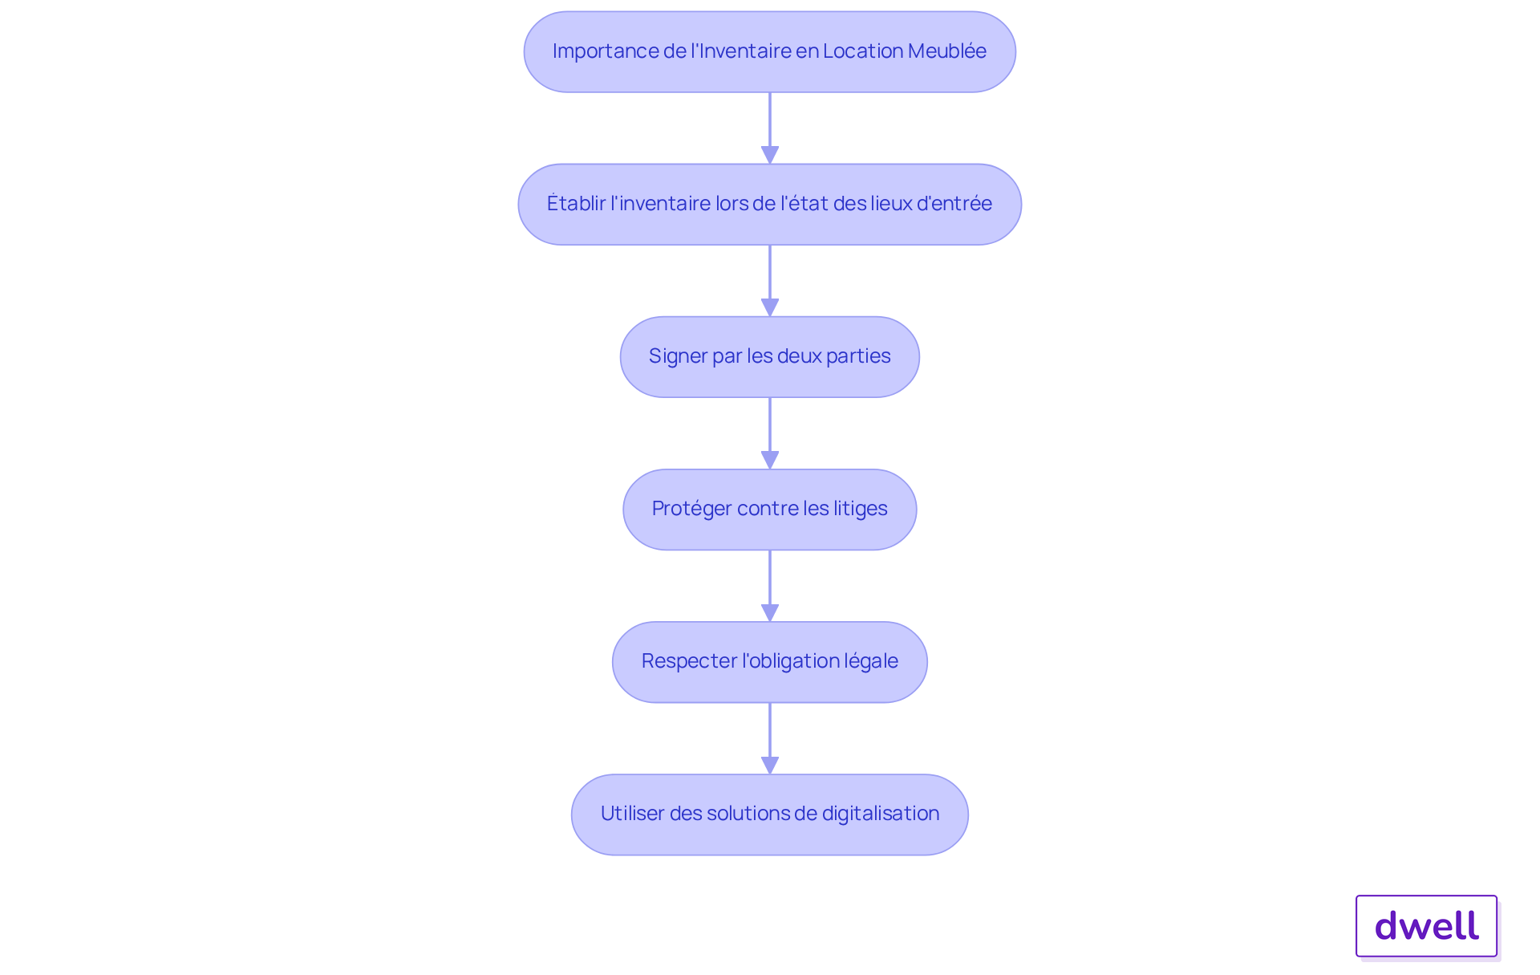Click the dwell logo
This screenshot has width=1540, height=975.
1426,926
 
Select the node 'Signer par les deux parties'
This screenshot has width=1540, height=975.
770,356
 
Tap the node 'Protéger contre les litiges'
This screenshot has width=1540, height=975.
770,509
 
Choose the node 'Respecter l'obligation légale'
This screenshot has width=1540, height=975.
770,661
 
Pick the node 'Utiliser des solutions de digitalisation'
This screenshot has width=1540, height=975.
770,814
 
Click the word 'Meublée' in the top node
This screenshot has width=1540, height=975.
947,51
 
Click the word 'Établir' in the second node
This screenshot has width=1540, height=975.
576,203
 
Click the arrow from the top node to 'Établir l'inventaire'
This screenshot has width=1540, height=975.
770,128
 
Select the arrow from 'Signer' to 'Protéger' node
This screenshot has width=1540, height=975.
770,433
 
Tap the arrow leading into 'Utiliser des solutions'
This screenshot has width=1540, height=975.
770,738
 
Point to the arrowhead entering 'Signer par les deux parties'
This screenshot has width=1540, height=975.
770,307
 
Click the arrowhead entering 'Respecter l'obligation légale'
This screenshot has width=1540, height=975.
770,612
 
